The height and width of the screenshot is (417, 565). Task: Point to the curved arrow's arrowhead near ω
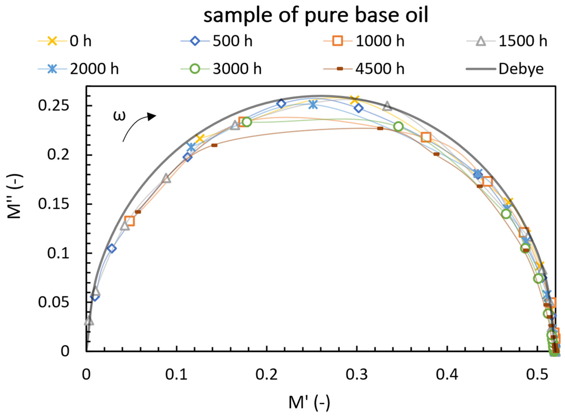pos(152,116)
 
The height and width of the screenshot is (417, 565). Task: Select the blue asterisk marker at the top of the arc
pos(313,104)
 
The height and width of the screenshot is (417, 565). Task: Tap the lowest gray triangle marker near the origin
pos(89,321)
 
